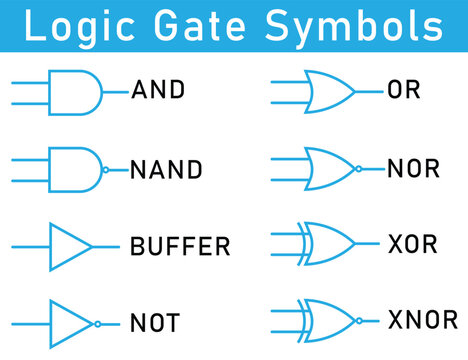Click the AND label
(x=158, y=90)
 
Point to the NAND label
(x=166, y=169)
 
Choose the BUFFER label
(x=180, y=246)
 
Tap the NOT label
(x=155, y=323)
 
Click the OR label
(x=404, y=90)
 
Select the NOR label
(x=413, y=168)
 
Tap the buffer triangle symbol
(x=68, y=246)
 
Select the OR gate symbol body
(x=330, y=91)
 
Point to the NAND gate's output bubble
(x=107, y=169)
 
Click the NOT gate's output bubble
(x=97, y=323)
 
